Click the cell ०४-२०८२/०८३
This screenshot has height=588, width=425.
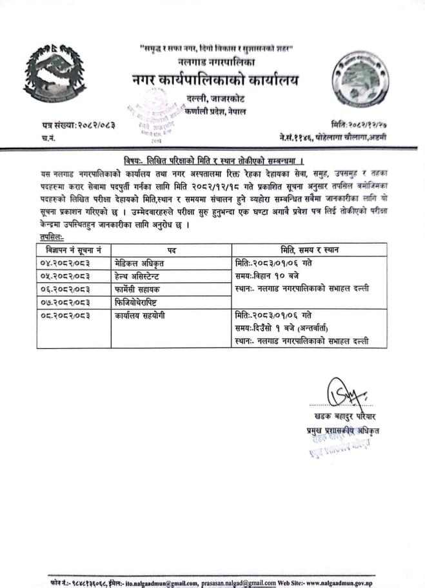coord(65,262)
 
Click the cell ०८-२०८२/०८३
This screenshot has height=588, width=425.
coord(65,315)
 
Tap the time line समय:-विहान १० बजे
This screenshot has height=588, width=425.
coord(271,276)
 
